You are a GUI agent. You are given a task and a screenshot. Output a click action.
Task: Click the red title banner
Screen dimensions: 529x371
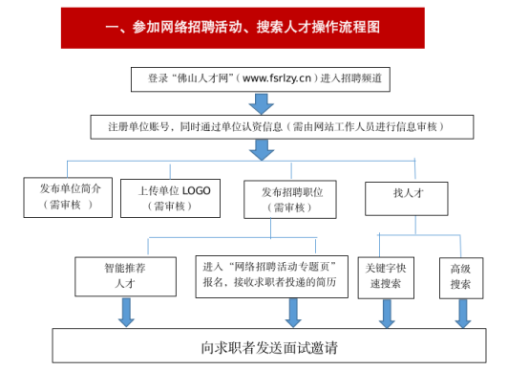[x=243, y=28]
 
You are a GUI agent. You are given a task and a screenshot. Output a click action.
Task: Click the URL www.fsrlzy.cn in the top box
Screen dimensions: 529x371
[x=277, y=78]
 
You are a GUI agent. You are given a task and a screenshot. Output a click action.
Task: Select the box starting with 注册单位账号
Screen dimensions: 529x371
[x=282, y=127]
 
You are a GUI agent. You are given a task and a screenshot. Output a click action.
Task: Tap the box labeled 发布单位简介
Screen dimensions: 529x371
[x=68, y=197]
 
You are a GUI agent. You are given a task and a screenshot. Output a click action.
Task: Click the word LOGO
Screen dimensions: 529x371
[x=197, y=191]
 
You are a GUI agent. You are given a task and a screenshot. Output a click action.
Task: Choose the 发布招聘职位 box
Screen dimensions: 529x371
[x=290, y=199]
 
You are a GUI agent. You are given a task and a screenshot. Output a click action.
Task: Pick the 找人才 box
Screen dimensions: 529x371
[x=407, y=199]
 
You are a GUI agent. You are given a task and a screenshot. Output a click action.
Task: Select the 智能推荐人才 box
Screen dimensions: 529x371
[x=125, y=276]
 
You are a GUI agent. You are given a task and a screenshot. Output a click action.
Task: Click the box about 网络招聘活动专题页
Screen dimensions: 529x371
[x=271, y=276]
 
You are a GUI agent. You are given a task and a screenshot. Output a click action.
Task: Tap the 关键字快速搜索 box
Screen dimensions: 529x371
[x=386, y=277]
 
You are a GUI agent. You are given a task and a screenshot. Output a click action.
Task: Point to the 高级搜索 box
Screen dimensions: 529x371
[x=461, y=278]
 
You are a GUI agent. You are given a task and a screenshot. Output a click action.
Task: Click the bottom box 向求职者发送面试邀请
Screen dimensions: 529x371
[x=269, y=345]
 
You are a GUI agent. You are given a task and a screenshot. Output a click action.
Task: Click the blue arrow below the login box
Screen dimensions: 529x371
[x=261, y=103]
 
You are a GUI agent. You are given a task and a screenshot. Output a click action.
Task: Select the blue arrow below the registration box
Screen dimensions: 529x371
[x=262, y=150]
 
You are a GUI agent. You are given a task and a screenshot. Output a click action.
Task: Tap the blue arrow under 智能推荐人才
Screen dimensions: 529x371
[x=126, y=313]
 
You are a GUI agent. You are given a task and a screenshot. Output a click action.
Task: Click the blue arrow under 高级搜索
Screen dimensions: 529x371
[x=463, y=314]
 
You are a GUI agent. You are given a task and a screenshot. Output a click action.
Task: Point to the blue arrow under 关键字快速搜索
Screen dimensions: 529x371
[x=387, y=314]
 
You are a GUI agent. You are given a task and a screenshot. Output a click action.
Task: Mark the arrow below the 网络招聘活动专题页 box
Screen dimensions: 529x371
[x=293, y=313]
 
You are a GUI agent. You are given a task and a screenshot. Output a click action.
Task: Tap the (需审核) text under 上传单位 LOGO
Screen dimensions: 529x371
[x=170, y=207]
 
